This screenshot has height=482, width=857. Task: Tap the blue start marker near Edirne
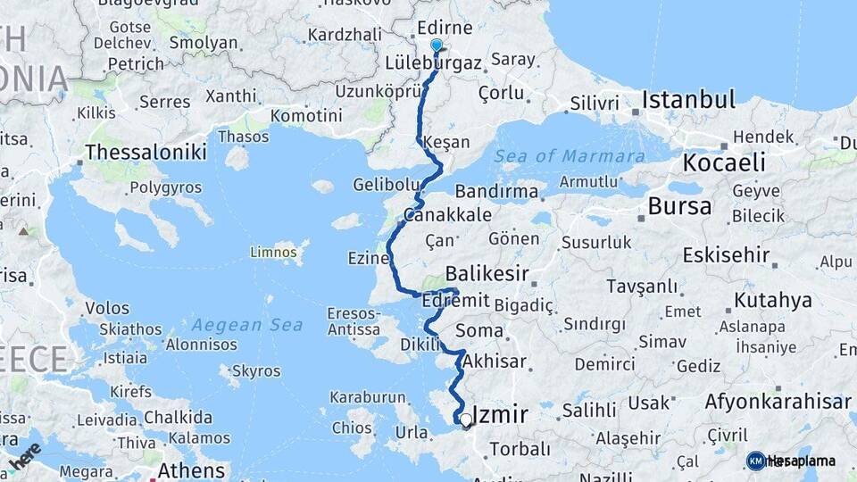click(437, 45)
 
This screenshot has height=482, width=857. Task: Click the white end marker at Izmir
click(465, 419)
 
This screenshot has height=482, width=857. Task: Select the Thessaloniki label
click(146, 153)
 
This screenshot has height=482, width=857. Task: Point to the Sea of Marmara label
click(571, 156)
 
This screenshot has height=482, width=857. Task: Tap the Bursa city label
click(680, 207)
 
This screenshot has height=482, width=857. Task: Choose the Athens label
click(191, 470)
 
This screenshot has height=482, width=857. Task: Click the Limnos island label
click(273, 253)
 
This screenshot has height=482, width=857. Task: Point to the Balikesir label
click(487, 273)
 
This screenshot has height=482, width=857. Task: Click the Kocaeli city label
click(724, 162)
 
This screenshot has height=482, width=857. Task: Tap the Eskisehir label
click(726, 255)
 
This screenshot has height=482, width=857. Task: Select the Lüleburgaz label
click(434, 63)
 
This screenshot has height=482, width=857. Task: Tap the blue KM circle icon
click(756, 461)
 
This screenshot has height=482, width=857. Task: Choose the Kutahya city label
click(773, 299)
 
